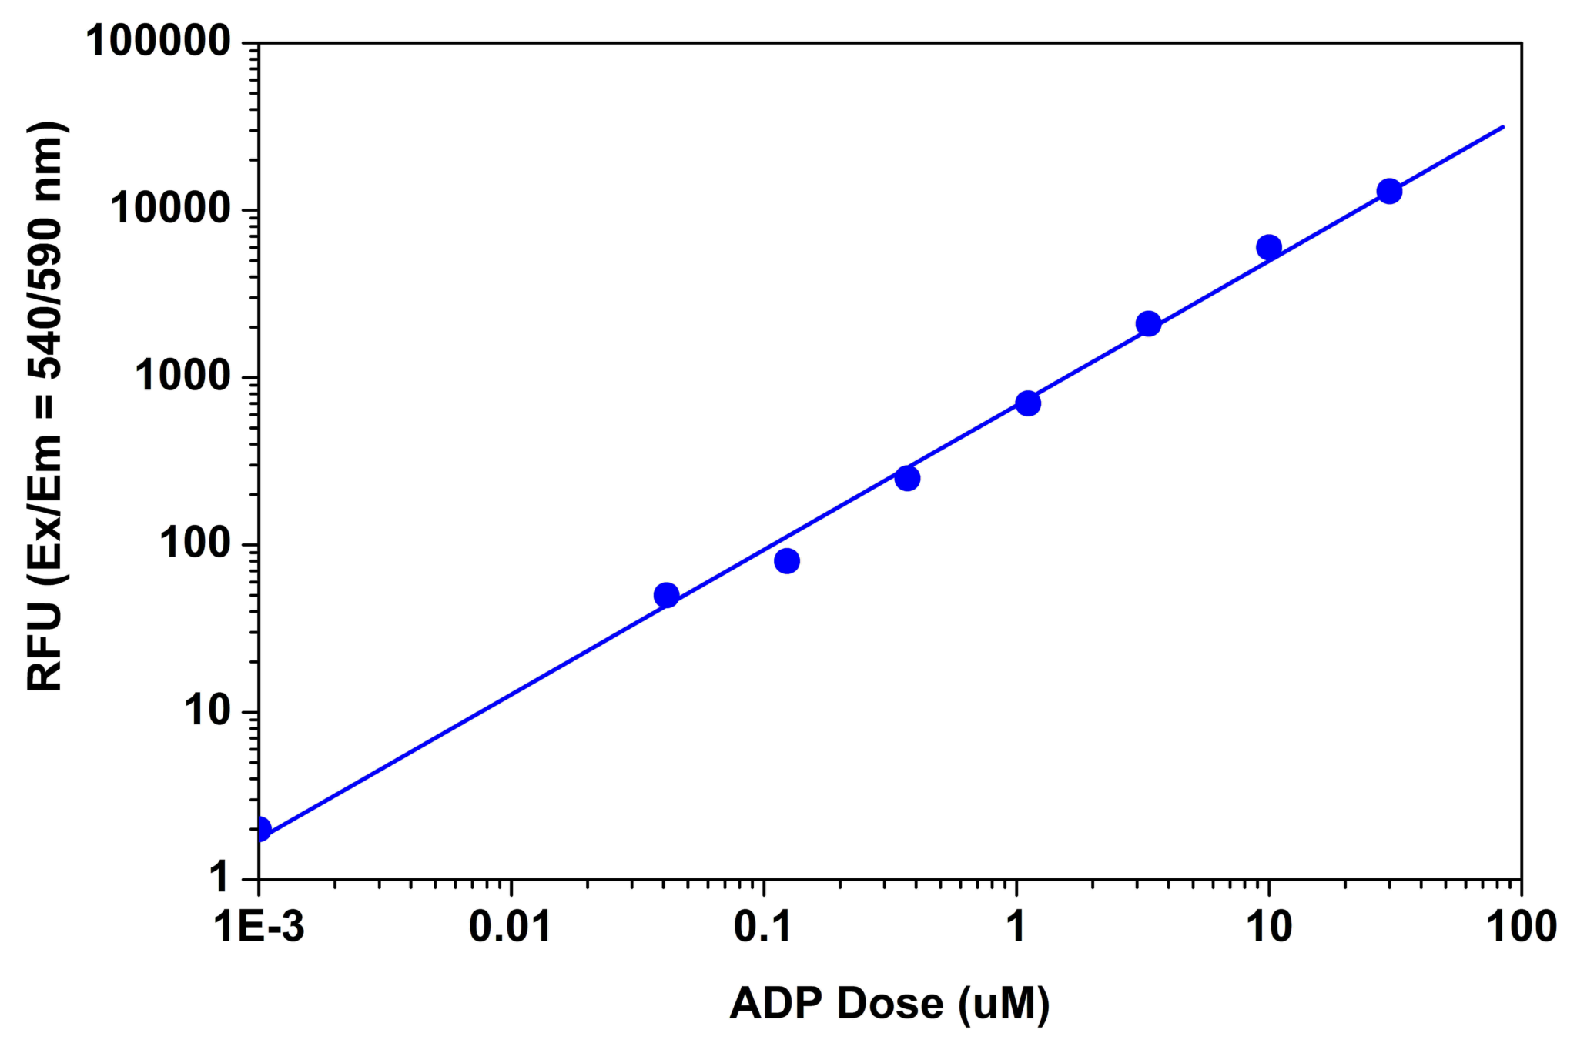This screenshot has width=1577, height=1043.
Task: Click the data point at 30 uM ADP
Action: (1389, 191)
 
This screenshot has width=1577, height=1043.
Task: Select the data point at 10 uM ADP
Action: (1268, 247)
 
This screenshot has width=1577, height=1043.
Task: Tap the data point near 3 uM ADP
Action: (1148, 324)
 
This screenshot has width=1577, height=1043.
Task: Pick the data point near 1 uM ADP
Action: (1028, 403)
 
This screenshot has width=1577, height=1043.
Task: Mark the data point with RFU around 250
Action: (907, 478)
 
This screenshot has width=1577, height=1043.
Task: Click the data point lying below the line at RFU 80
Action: (786, 560)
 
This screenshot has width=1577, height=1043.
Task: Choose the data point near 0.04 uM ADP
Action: (666, 595)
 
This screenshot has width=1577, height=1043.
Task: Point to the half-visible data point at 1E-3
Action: (262, 829)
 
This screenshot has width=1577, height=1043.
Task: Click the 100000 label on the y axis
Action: (159, 42)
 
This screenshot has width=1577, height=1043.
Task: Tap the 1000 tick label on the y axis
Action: (183, 376)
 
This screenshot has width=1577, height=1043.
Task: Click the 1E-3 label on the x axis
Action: (259, 927)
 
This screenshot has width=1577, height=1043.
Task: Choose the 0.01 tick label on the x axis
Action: (510, 927)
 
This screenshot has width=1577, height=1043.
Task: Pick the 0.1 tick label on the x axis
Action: (762, 927)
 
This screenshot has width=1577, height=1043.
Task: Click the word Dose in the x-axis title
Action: (889, 1003)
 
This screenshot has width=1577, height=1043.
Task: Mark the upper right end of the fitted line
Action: (1502, 127)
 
